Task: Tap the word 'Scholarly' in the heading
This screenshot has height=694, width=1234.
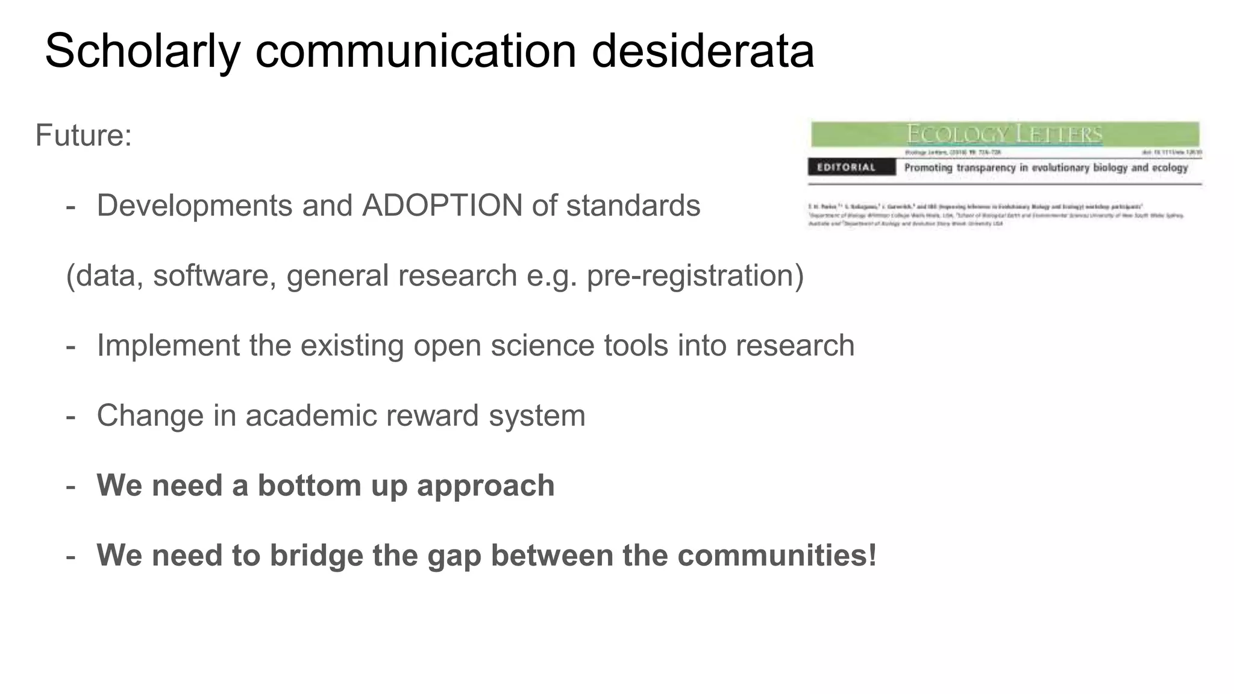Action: pos(142,52)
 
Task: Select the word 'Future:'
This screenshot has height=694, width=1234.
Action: pos(84,135)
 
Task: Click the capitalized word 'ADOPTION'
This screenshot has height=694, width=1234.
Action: pos(442,205)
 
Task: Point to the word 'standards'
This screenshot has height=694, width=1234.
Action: pos(633,205)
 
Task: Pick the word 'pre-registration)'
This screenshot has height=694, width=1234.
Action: pos(695,276)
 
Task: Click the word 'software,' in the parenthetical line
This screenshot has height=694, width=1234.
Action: pos(215,275)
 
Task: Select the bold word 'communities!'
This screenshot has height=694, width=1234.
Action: pos(777,555)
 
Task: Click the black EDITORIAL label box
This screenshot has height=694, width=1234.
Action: pos(851,167)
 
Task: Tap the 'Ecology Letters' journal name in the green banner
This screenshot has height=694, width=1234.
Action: pos(1004,134)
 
